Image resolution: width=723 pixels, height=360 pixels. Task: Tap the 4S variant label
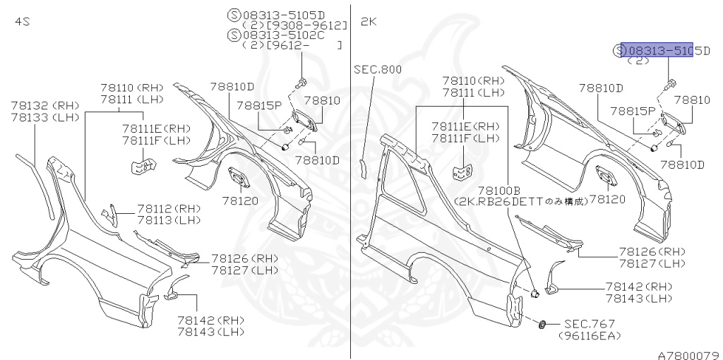(x=23, y=22)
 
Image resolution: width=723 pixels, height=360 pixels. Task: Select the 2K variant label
(x=369, y=22)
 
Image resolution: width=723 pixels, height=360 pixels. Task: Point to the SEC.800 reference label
(x=378, y=69)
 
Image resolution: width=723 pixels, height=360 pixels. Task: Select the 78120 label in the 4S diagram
(x=241, y=200)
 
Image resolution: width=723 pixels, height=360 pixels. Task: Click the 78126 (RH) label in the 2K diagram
(x=652, y=252)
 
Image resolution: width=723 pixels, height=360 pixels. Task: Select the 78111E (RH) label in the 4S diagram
(x=156, y=128)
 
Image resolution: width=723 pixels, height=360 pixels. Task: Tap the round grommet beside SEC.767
(x=542, y=324)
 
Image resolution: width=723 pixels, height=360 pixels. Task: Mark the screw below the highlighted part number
(x=667, y=86)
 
